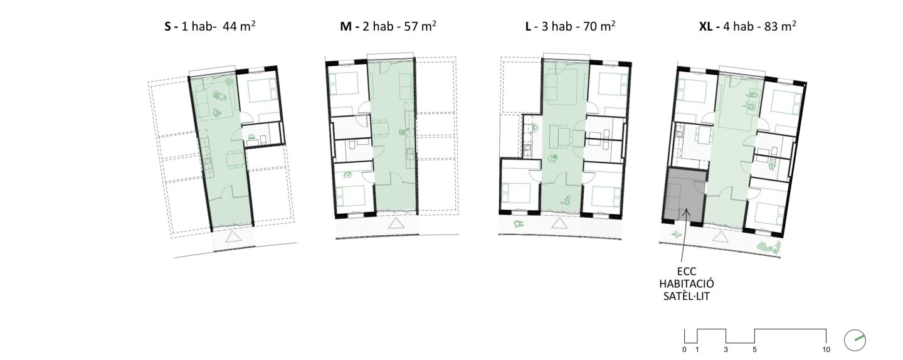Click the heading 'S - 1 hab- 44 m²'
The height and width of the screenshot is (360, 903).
(x=209, y=26)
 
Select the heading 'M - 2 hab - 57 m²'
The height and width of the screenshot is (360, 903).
(x=388, y=26)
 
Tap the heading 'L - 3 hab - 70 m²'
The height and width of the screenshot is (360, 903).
(x=570, y=26)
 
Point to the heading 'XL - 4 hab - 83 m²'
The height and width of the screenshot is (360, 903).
(x=747, y=26)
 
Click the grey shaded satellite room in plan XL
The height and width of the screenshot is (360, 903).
(x=685, y=196)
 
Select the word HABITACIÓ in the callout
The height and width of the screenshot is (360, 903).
(x=687, y=284)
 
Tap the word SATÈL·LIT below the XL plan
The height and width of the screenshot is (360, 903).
(x=687, y=296)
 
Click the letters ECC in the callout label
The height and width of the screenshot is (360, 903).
(x=687, y=272)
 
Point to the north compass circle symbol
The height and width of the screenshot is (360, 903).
(x=855, y=341)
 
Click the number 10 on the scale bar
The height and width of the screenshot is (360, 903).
(x=826, y=349)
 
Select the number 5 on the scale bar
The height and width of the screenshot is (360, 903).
(x=754, y=349)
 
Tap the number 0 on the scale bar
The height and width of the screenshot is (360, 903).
(x=684, y=349)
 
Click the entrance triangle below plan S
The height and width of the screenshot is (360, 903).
(x=233, y=238)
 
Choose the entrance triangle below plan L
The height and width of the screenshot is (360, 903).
(x=559, y=223)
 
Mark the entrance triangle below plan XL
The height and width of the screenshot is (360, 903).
(x=720, y=237)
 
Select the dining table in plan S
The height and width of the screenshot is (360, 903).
(x=235, y=159)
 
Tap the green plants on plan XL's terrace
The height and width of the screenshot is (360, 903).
(x=769, y=247)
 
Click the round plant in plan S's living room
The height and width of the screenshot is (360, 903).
(x=230, y=82)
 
